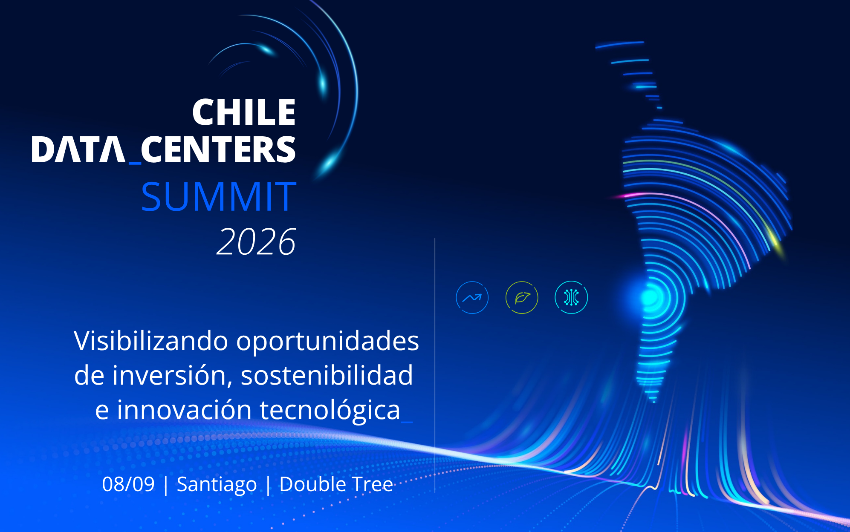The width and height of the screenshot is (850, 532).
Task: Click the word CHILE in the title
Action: click(x=244, y=112)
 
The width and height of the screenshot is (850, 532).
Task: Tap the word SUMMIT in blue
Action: click(x=219, y=196)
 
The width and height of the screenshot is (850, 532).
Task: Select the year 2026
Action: click(x=256, y=242)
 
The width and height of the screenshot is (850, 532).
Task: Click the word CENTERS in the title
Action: click(x=218, y=150)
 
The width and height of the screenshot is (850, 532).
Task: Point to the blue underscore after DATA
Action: click(x=135, y=162)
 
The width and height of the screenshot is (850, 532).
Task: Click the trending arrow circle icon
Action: click(x=472, y=297)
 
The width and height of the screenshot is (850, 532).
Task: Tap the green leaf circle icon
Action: click(x=522, y=297)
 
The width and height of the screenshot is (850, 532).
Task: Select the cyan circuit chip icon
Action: click(x=571, y=297)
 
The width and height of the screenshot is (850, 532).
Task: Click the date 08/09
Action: click(x=128, y=484)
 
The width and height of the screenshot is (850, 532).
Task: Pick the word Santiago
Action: click(x=217, y=485)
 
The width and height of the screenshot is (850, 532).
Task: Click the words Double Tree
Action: click(x=336, y=484)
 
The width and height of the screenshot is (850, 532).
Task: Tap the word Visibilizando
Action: click(x=151, y=341)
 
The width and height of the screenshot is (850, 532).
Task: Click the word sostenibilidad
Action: click(x=327, y=375)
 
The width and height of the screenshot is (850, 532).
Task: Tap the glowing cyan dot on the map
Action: click(x=650, y=297)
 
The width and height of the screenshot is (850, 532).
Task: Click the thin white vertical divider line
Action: click(x=435, y=365)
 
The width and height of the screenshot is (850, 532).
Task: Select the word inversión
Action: click(x=172, y=376)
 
